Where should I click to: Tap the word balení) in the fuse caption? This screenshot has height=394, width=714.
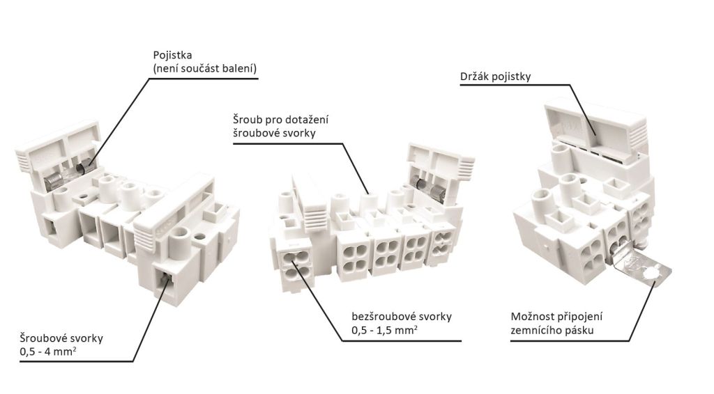pyautogui.click(x=238, y=68)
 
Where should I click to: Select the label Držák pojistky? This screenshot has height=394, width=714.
pyautogui.click(x=495, y=77)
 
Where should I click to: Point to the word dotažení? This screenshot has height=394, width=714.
pyautogui.click(x=307, y=120)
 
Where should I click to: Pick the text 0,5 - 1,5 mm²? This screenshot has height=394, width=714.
pyautogui.click(x=384, y=330)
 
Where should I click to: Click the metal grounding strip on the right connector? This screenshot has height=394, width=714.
pyautogui.click(x=638, y=269)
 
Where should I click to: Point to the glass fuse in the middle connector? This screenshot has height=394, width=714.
pyautogui.click(x=427, y=186)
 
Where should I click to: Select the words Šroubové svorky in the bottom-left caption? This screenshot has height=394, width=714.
pyautogui.click(x=62, y=338)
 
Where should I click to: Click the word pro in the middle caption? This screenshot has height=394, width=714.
pyautogui.click(x=275, y=120)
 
